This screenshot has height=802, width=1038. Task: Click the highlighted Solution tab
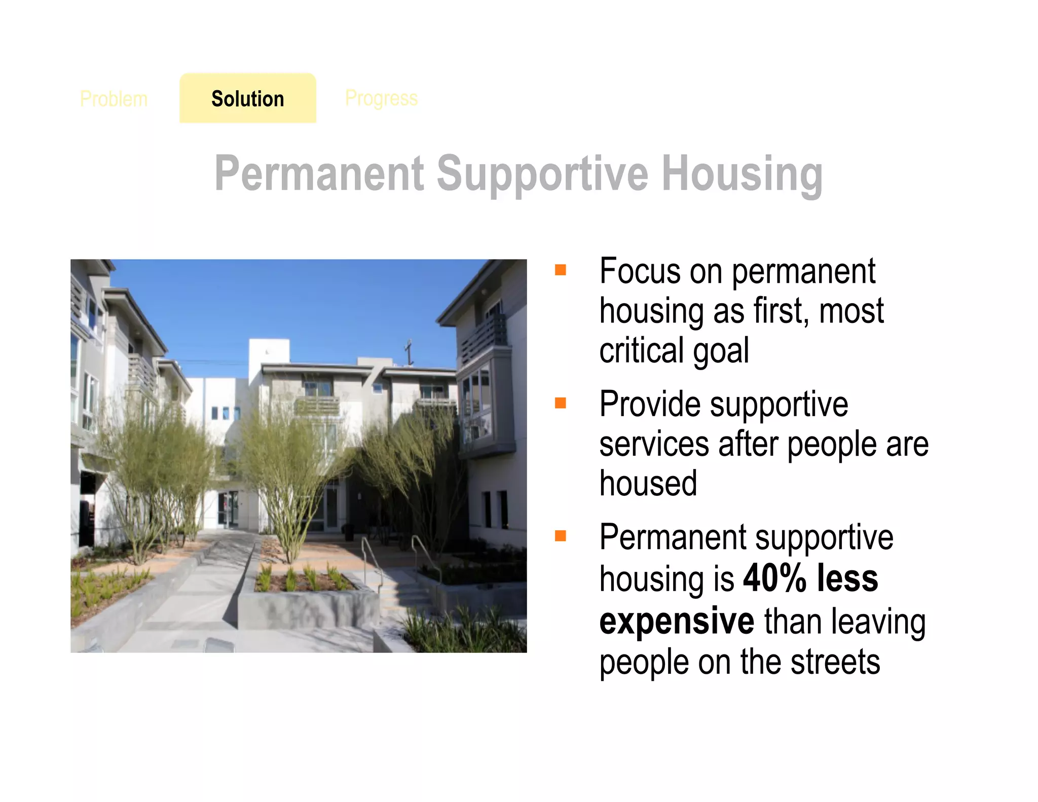pos(247,98)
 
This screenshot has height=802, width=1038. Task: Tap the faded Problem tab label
pos(114,99)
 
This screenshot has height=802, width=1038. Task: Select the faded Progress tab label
pos(381,98)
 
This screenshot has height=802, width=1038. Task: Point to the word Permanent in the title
pos(319,174)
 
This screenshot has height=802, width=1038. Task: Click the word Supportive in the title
pos(542,174)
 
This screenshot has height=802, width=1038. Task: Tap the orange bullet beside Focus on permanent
pos(560,270)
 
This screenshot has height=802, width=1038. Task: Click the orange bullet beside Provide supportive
pos(560,403)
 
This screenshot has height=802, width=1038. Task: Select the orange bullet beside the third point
pos(560,536)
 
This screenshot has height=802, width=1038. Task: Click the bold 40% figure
pos(774,578)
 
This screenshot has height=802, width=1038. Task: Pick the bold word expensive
pos(677,621)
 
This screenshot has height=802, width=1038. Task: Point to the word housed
pos(648,483)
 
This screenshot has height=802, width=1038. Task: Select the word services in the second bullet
pos(654,444)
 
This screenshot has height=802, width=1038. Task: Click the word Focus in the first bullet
pos(640,271)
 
